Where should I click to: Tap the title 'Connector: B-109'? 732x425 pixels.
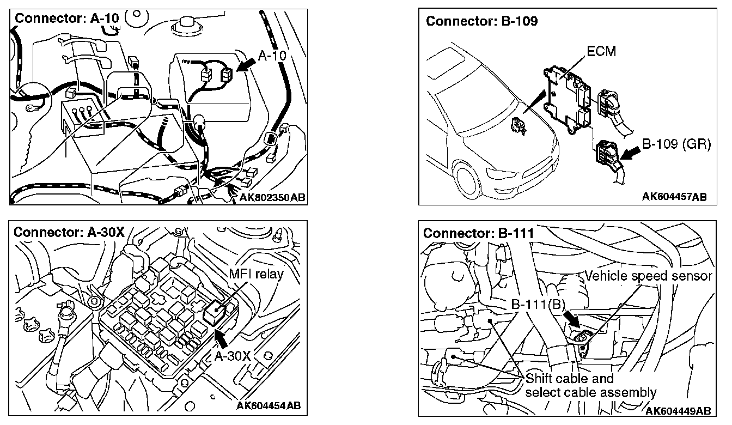[481, 21]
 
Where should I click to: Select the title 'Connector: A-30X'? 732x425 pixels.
[69, 232]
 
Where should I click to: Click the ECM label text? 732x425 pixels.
[601, 52]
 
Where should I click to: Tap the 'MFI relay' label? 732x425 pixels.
[257, 274]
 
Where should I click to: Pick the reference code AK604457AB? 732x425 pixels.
[674, 197]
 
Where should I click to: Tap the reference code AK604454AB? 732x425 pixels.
[269, 405]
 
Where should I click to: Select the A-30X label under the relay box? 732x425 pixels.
[231, 356]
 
